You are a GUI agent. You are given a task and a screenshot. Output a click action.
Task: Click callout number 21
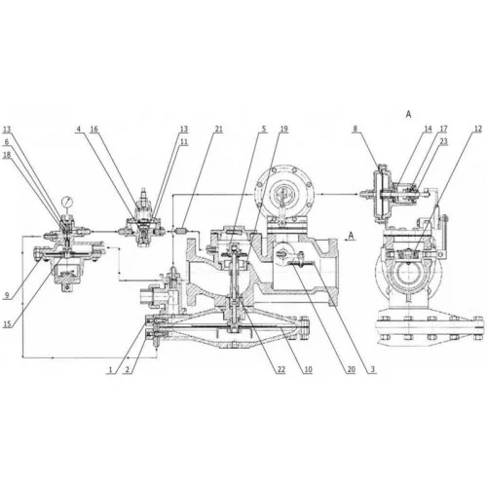tap(218, 130)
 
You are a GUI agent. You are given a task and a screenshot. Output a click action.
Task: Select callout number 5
tap(264, 130)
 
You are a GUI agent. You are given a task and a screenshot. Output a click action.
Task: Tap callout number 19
tap(283, 130)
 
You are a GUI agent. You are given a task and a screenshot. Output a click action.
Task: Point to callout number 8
tap(356, 129)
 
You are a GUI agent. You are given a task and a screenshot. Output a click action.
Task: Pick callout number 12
tap(477, 129)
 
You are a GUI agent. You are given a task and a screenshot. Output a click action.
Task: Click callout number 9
tap(7, 295)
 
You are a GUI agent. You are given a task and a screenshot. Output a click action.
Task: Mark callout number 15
tap(7, 323)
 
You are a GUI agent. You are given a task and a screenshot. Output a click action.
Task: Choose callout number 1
tap(110, 369)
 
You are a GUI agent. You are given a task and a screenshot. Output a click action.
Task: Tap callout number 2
tap(128, 369)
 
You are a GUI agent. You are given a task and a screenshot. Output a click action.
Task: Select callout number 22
tap(281, 369)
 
